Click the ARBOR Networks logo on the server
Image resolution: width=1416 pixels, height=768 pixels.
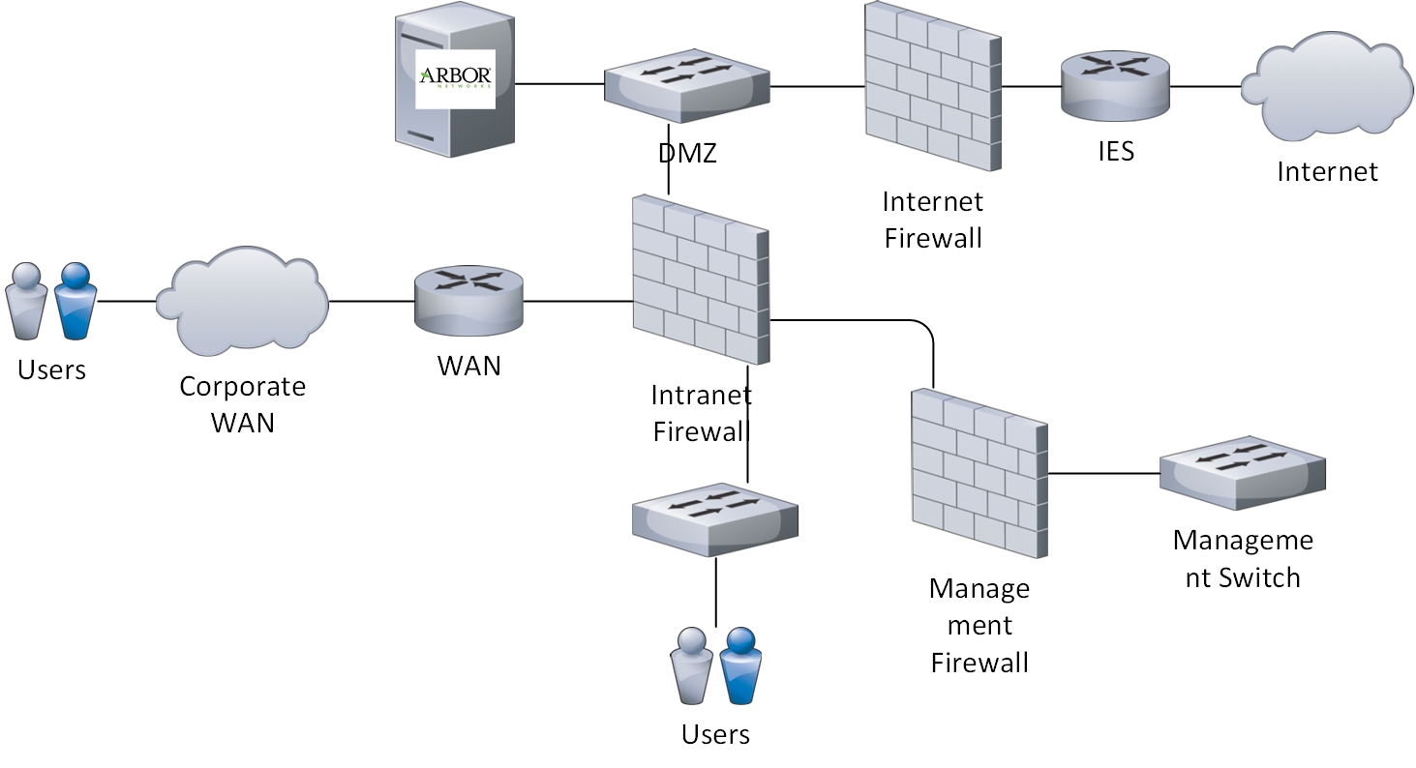click(x=455, y=78)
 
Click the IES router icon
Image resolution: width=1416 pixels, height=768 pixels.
click(x=1114, y=86)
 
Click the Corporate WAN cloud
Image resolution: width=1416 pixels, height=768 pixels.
click(x=247, y=301)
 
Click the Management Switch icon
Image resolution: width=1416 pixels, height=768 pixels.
click(x=1242, y=472)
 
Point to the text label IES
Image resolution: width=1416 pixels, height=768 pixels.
click(x=1115, y=152)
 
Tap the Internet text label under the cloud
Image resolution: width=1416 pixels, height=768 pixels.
click(x=1327, y=172)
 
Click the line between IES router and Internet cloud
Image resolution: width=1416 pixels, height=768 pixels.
click(x=1205, y=86)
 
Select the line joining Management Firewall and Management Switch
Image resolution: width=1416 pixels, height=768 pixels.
click(x=1103, y=474)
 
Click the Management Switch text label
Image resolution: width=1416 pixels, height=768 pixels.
click(x=1243, y=559)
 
